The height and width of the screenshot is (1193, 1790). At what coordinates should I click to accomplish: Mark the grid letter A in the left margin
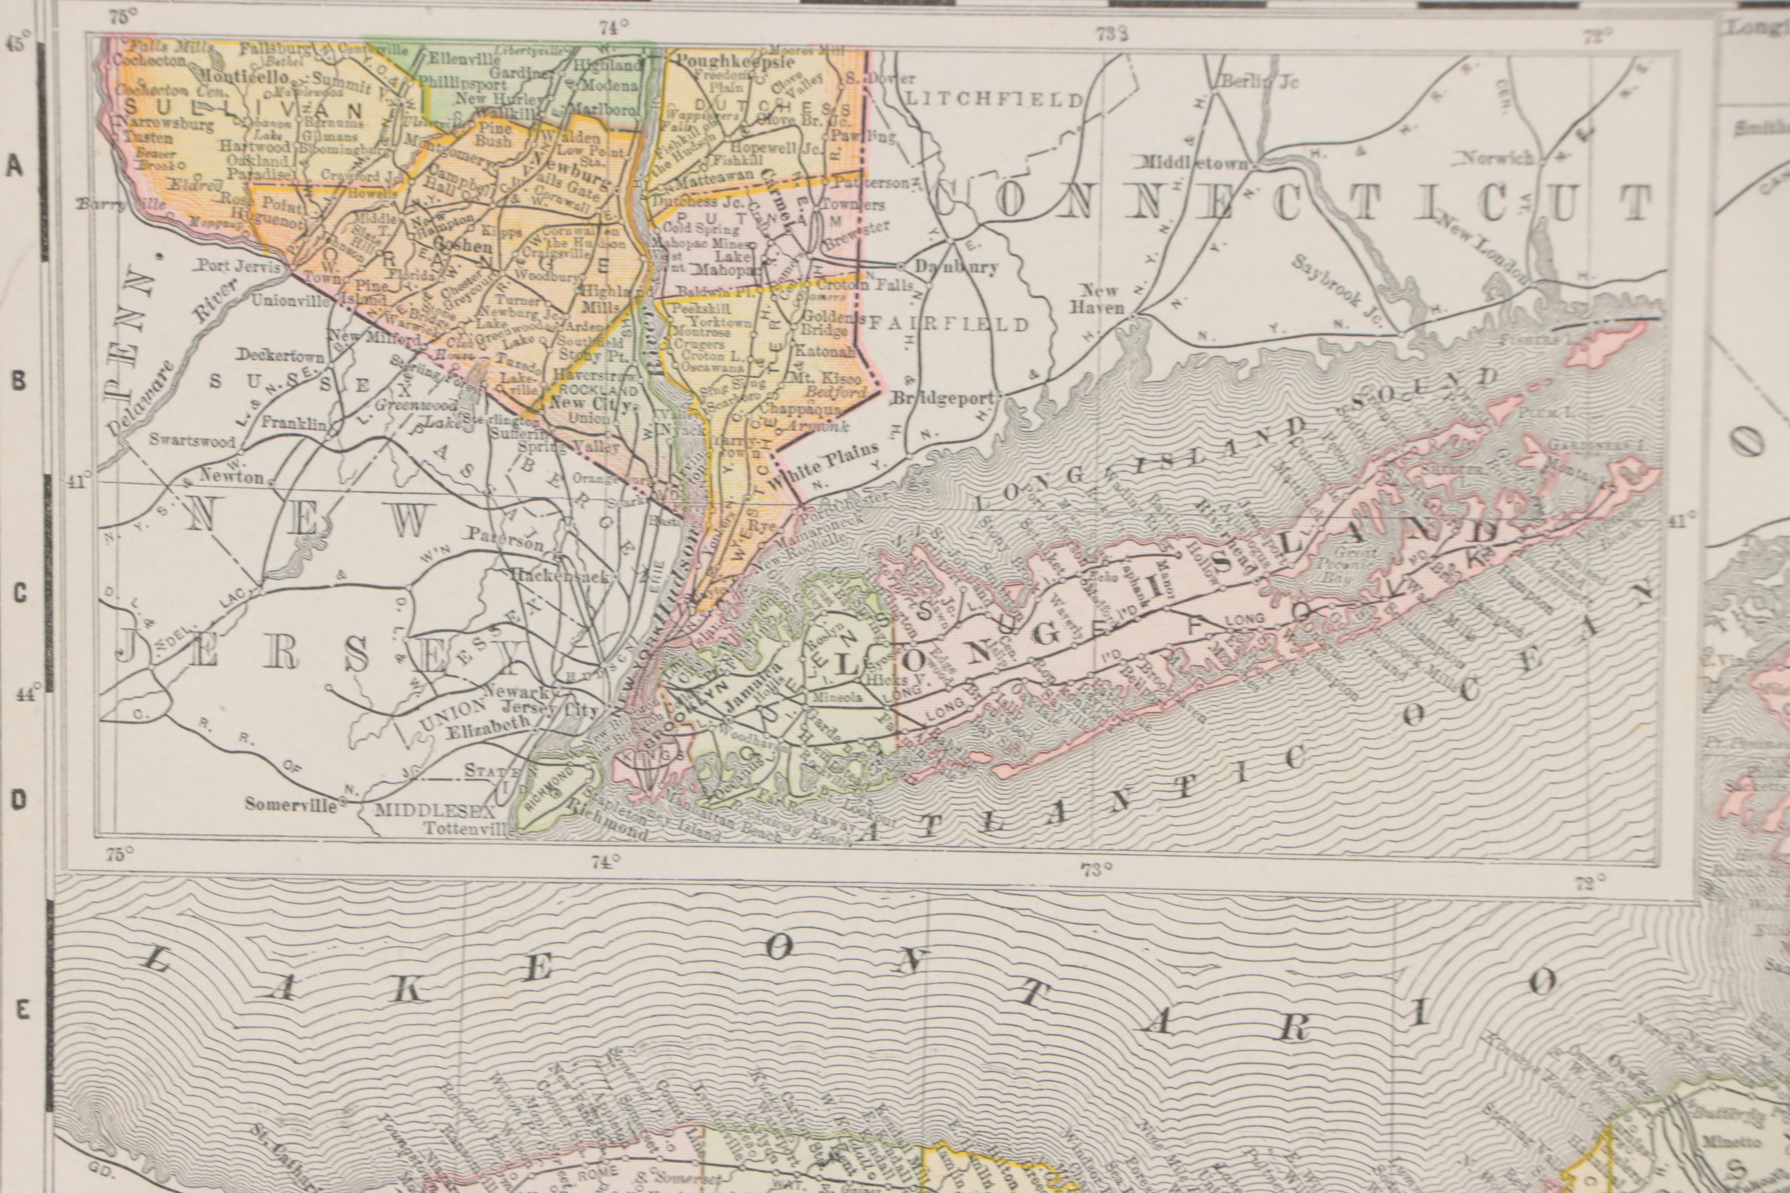coord(15,166)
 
